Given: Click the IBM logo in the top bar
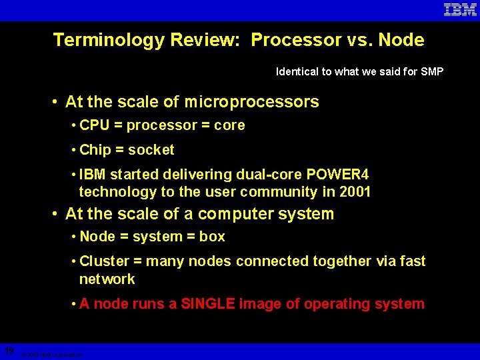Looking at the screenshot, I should click(460, 10).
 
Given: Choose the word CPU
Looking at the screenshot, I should click(94, 125).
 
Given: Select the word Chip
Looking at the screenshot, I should click(93, 150).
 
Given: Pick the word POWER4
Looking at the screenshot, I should click(337, 175).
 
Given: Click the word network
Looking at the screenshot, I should click(107, 279).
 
